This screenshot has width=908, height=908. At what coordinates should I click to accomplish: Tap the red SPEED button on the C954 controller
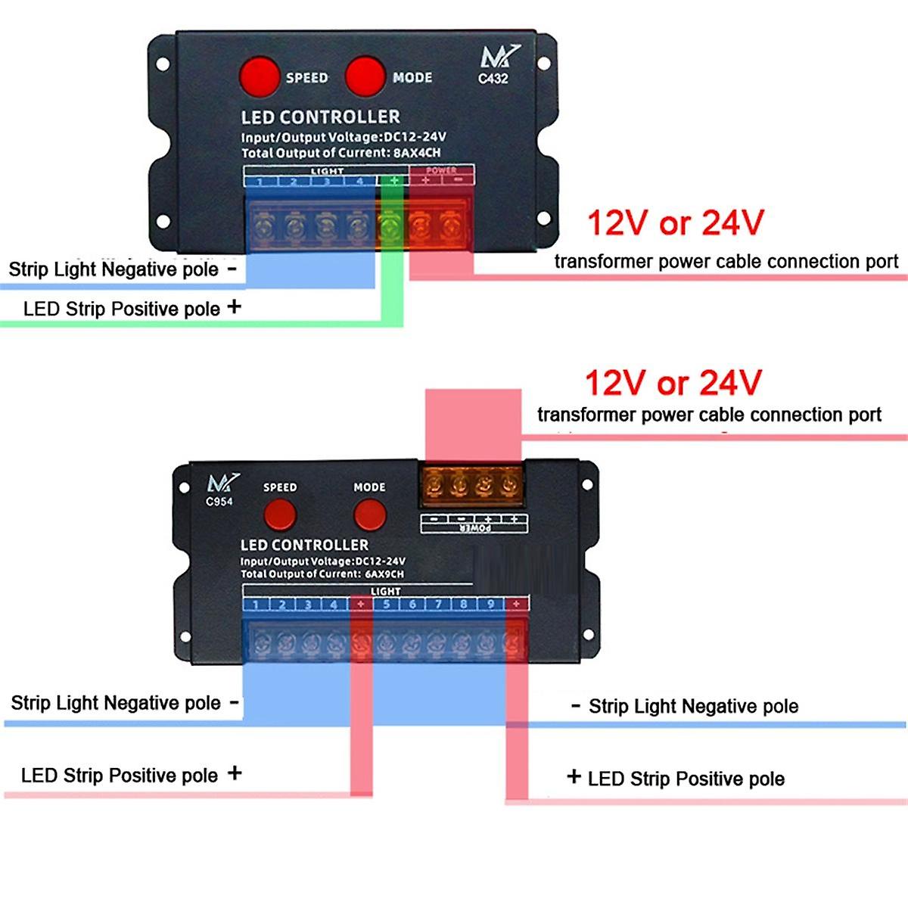pyautogui.click(x=279, y=515)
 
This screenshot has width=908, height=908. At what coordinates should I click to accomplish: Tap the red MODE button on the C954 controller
pyautogui.click(x=369, y=515)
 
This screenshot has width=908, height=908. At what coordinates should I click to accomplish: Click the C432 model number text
pyautogui.click(x=493, y=78)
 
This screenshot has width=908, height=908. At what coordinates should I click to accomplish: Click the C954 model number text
pyautogui.click(x=219, y=501)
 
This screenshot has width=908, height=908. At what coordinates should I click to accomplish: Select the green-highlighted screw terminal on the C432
pyautogui.click(x=390, y=225)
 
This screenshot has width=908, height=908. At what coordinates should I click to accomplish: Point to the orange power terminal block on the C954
pyautogui.click(x=472, y=484)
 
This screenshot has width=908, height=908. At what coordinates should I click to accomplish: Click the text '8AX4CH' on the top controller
pyautogui.click(x=417, y=153)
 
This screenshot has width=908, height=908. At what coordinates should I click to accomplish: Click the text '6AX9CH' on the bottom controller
pyautogui.click(x=384, y=574)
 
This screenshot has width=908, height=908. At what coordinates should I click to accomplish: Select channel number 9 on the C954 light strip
pyautogui.click(x=490, y=604)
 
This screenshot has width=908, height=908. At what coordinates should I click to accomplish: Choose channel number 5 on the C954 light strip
pyautogui.click(x=386, y=604)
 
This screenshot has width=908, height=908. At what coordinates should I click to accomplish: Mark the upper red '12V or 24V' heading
pyautogui.click(x=675, y=223)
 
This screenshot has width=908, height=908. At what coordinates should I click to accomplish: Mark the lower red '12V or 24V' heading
pyautogui.click(x=673, y=383)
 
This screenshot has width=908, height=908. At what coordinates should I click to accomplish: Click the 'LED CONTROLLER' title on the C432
pyautogui.click(x=320, y=117)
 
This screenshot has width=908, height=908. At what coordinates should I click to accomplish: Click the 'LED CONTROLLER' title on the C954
pyautogui.click(x=304, y=545)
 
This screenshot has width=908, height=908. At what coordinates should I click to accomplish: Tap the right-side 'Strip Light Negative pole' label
pyautogui.click(x=693, y=707)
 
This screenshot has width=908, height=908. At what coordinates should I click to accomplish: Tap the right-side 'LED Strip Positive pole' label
pyautogui.click(x=686, y=779)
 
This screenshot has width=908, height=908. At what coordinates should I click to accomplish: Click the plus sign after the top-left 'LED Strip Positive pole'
pyautogui.click(x=235, y=306)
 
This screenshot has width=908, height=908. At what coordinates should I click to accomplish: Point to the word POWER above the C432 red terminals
pyautogui.click(x=441, y=171)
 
